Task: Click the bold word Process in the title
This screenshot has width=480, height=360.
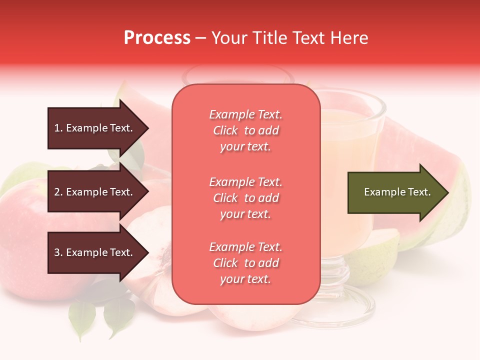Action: point(157,38)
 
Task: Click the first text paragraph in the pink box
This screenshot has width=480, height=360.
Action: point(245,130)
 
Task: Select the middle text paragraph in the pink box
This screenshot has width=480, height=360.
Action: point(245,198)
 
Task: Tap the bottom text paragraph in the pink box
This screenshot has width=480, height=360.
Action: point(245,263)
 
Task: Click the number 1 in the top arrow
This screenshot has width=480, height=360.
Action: point(57,128)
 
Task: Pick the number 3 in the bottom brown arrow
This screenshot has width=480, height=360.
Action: point(57,253)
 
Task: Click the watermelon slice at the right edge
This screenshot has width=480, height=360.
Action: point(450,165)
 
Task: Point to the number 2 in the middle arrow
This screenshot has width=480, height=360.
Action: point(57,192)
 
